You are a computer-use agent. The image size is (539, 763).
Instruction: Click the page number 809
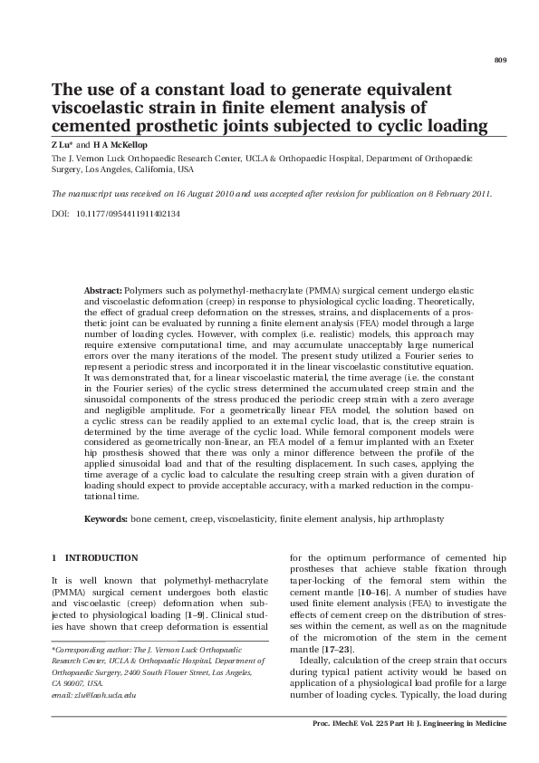click(500, 60)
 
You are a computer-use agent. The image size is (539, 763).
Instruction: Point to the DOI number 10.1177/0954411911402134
click(129, 213)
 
